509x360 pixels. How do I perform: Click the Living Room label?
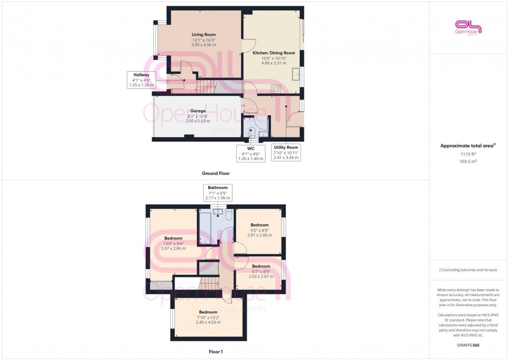203,35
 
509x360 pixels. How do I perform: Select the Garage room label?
197,111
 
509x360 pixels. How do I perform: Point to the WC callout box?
250,153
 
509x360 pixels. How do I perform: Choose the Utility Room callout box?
286,152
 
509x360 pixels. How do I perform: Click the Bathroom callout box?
218,193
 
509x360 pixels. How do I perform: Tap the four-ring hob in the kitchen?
276,89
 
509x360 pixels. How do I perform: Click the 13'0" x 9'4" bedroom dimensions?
173,243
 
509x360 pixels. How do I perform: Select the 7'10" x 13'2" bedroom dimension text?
208,317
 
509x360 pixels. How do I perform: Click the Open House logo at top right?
468,27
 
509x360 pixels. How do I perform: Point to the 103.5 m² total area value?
467,162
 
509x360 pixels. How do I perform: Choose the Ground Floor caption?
216,174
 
